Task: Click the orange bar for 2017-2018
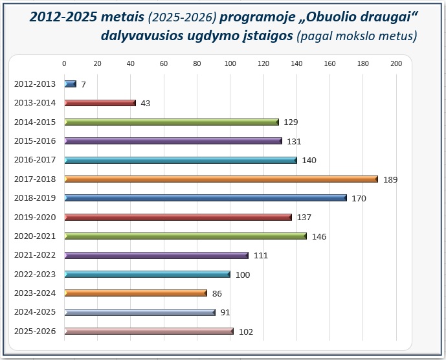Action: point(221,179)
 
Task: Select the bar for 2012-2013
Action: point(71,84)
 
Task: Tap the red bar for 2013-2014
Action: point(100,103)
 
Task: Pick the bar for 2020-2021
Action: point(185,236)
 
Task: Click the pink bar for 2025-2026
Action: point(149,332)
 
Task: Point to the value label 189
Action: point(390,179)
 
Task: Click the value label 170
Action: point(359,198)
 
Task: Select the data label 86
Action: point(217,293)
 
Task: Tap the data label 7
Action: point(84,84)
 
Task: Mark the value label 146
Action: point(319,236)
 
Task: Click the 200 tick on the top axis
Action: point(396,63)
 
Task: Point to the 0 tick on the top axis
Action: point(64,63)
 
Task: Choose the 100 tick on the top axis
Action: point(230,63)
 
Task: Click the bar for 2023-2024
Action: point(135,293)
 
